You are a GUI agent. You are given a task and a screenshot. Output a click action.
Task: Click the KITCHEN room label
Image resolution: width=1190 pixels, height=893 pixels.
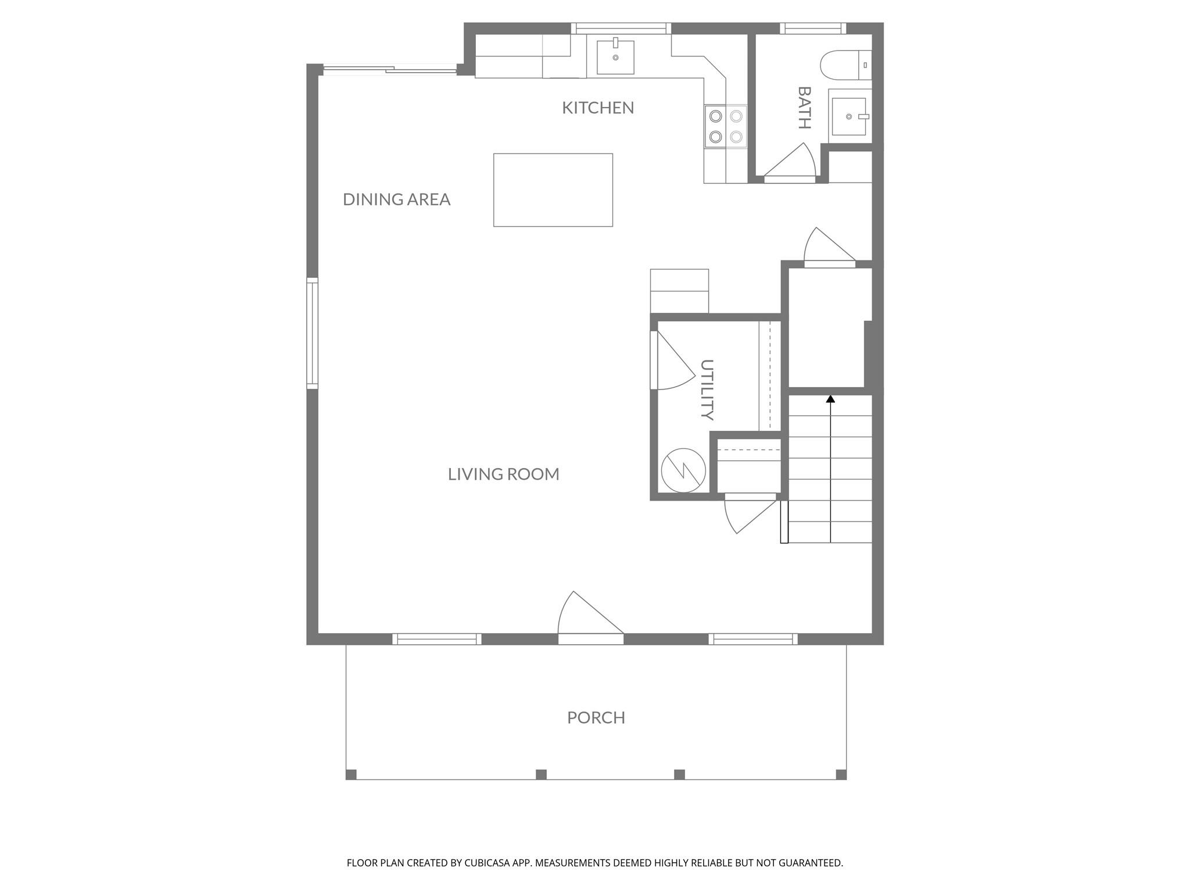pos(598,108)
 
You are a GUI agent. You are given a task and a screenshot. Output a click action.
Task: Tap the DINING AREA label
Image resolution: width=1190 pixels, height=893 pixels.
pos(397,199)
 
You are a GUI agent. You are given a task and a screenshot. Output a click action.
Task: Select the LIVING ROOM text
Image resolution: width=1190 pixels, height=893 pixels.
pos(504,474)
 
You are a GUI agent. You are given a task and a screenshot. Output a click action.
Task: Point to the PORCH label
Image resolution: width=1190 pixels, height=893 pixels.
pos(596,717)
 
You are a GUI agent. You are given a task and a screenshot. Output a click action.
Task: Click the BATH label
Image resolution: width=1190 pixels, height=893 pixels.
pos(804,108)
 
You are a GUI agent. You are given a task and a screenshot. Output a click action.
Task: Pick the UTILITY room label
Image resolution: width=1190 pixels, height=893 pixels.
pos(707,390)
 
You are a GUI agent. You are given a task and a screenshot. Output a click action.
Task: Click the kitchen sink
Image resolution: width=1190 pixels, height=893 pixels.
pos(615,57)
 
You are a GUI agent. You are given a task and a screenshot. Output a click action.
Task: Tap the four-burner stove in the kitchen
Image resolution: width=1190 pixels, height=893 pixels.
pos(726,127)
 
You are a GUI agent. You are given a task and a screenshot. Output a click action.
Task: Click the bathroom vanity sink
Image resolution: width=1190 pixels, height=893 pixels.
pos(850,116)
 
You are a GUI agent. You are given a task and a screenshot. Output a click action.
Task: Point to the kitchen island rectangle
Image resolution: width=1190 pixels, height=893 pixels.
pos(553,190)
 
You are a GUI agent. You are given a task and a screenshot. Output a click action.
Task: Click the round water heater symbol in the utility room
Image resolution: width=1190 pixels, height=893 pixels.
pos(683,470)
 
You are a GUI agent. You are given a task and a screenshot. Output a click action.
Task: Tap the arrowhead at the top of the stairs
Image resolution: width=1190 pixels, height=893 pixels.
pos(830,399)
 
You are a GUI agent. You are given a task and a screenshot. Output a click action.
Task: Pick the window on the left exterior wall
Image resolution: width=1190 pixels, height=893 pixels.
pos(313,333)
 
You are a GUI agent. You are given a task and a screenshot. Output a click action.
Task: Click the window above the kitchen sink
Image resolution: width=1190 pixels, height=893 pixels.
pos(621,28)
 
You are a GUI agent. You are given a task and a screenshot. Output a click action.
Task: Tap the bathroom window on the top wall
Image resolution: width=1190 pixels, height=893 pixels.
pos(813,28)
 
